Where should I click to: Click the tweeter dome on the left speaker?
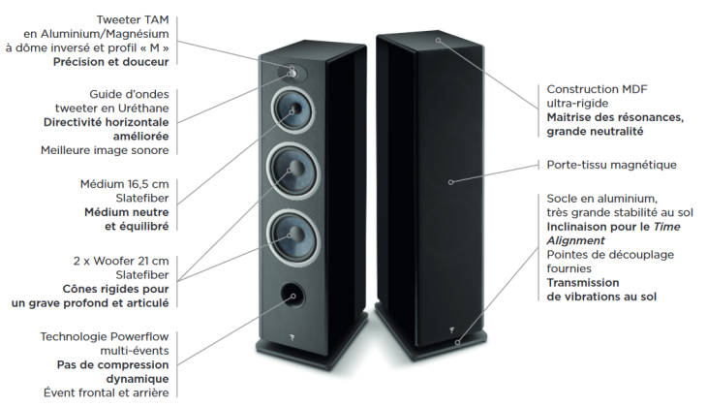click(x=292, y=73)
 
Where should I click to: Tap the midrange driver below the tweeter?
click(x=292, y=110)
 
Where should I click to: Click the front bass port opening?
click(x=292, y=296)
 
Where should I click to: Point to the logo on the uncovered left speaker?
click(x=292, y=335)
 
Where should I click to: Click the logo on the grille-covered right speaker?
click(x=451, y=330)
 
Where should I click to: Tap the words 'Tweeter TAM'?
click(x=133, y=19)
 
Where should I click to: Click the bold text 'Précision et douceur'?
click(x=111, y=62)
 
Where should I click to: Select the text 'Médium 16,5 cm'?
click(x=124, y=184)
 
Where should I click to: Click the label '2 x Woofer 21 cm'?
click(x=121, y=261)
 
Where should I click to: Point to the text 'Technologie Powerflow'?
click(x=105, y=336)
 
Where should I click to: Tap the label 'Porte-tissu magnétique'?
click(x=611, y=165)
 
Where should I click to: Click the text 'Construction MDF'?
click(x=597, y=89)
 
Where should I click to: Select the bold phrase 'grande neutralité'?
click(x=595, y=132)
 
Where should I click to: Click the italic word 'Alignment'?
click(x=575, y=240)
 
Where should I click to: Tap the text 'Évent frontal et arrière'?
click(x=107, y=393)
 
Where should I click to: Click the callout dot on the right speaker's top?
click(x=438, y=40)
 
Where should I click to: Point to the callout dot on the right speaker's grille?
click(x=450, y=182)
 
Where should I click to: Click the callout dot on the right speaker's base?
click(x=457, y=343)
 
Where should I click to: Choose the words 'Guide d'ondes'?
click(x=129, y=94)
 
